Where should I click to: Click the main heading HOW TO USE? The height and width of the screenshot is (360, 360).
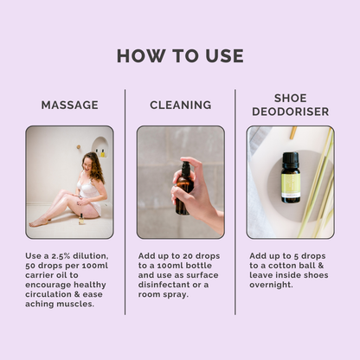(x=180, y=56)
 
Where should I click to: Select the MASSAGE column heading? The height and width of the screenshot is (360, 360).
(x=69, y=105)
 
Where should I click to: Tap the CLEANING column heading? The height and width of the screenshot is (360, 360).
(x=180, y=105)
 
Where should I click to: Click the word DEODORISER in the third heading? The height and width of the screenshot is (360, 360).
(x=290, y=111)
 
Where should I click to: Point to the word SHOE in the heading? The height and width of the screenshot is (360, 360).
(x=290, y=97)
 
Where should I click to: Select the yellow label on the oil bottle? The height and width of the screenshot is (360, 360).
(x=290, y=184)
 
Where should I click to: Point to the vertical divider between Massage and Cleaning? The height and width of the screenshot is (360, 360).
(x=125, y=199)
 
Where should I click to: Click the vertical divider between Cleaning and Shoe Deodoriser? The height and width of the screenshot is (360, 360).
(x=235, y=199)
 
